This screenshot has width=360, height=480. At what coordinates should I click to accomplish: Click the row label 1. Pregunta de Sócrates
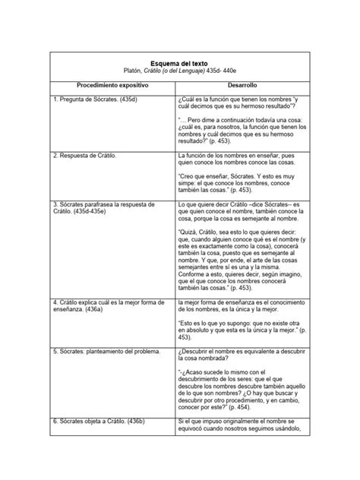click(x=98, y=99)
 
